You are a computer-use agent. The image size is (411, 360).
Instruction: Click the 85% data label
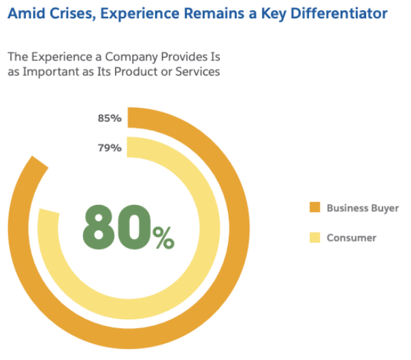[109, 118]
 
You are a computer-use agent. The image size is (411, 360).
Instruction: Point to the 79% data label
[109, 148]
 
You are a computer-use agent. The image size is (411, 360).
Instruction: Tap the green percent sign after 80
[163, 238]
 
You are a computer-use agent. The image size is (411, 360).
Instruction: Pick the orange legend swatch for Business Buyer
[314, 208]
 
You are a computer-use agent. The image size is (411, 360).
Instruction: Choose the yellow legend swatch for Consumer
[314, 238]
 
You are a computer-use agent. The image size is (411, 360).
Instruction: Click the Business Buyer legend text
[362, 208]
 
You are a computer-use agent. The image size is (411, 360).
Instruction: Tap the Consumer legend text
[351, 238]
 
